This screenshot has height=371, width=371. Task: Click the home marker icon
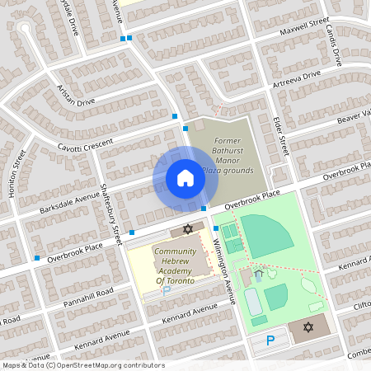[185, 177]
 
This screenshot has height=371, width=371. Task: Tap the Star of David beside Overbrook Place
[187, 228]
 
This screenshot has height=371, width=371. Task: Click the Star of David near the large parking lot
[309, 328]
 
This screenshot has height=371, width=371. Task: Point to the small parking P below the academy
[166, 291]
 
